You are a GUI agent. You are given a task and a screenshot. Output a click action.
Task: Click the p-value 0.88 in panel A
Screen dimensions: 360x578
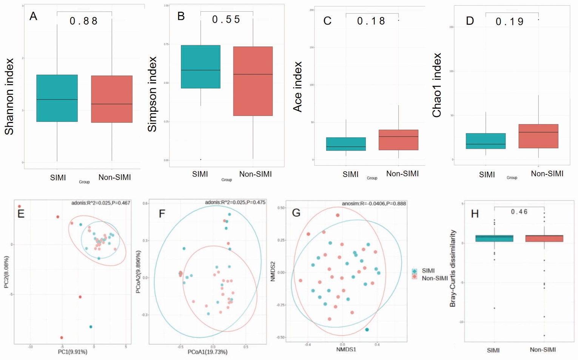coord(83,21)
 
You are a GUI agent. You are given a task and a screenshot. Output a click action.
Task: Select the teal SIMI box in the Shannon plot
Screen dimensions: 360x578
coord(57,98)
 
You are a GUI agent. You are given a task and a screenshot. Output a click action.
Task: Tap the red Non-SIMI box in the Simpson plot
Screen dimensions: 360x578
coord(253,81)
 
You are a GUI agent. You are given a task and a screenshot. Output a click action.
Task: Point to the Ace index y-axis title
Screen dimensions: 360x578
coord(297,87)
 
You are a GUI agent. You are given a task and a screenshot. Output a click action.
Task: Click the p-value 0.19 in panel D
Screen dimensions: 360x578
coord(509,22)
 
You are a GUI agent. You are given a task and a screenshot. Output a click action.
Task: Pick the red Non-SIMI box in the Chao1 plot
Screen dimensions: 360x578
coord(538,136)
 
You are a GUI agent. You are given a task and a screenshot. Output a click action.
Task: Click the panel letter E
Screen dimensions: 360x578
coord(21,214)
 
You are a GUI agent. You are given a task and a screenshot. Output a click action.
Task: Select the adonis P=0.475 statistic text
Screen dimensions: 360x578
coord(235,202)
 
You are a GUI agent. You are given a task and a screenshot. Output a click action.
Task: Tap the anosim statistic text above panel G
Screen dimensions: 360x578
coord(374,203)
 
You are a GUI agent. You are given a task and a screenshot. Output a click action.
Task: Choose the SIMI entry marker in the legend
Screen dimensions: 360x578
coord(415,271)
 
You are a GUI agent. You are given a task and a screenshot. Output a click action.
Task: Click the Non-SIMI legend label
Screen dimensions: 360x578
coord(435,278)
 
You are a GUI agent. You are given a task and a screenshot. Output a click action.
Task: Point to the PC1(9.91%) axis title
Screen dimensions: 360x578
coord(72,352)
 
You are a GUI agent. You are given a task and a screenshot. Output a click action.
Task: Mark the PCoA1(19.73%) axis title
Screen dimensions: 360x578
coord(207,352)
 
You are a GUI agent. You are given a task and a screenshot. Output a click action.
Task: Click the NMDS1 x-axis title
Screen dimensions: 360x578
coord(346,349)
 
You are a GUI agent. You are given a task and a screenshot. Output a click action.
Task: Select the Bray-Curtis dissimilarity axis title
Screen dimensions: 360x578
coord(453,268)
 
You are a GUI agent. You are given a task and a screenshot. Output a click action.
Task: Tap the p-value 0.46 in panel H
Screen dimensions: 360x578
coord(519,212)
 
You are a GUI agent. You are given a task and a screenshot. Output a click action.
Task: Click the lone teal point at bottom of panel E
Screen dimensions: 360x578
coord(91,327)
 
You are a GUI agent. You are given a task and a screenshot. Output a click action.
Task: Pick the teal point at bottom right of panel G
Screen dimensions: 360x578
coord(367,329)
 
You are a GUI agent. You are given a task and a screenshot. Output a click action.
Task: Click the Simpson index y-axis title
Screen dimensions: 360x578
coord(152,94)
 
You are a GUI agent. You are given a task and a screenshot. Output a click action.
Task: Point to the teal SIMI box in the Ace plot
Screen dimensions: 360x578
coord(346,144)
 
